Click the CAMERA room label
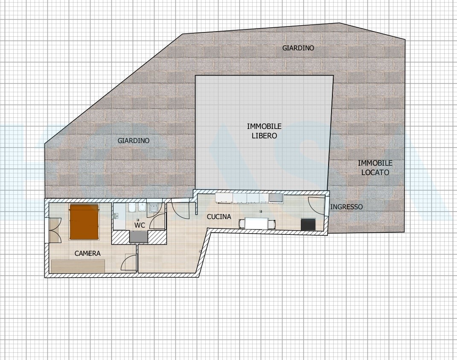coord(87,253)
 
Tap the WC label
coord(140,225)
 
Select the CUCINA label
coord(219,217)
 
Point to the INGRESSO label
coord(346,207)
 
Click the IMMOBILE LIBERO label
coord(264,131)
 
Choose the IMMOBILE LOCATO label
coord(375,168)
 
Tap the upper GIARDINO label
coord(298,48)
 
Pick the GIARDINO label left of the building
coord(134,140)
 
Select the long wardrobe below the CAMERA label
coord(78,266)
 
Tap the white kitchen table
coord(256,223)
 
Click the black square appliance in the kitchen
coord(308,224)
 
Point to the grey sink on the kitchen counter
coord(275,198)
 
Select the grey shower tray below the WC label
coord(139,236)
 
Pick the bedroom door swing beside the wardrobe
coord(129,261)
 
